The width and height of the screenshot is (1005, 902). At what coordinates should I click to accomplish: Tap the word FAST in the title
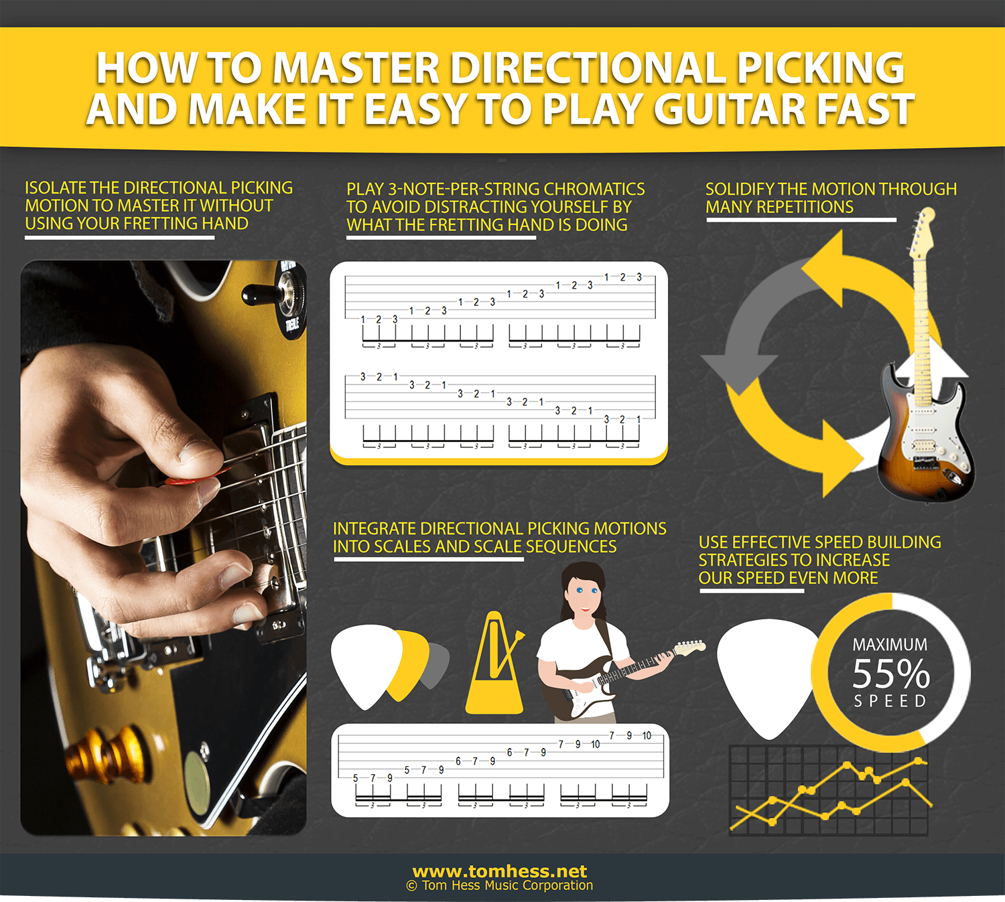click(864, 110)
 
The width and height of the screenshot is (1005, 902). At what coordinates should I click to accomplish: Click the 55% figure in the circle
click(890, 674)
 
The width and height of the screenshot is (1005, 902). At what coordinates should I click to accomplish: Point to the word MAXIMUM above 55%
click(890, 645)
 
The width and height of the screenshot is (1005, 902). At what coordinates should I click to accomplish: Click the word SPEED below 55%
click(890, 701)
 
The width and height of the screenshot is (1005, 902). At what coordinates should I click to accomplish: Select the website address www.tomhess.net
click(500, 871)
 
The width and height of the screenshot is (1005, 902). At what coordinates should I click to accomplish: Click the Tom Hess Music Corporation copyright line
click(500, 886)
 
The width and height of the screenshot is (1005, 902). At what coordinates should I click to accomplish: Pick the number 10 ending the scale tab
click(647, 735)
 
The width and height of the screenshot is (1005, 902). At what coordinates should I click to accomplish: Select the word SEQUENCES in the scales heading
click(571, 546)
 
